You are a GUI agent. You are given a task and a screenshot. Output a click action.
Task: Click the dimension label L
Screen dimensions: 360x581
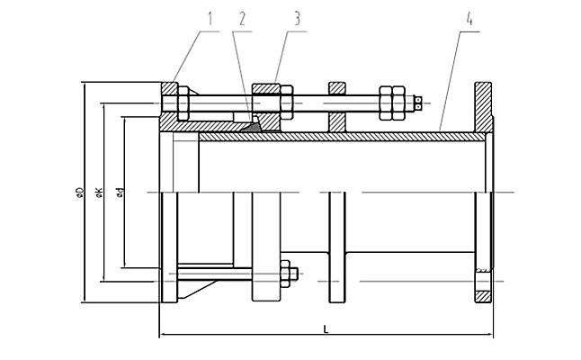(326, 329)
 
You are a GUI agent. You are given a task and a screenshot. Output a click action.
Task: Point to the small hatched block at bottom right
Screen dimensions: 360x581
(483, 293)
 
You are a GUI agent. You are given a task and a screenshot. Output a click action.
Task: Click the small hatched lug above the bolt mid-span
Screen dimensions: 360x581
(336, 87)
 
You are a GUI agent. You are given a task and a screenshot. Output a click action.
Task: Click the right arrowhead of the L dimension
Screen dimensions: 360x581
(490, 337)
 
